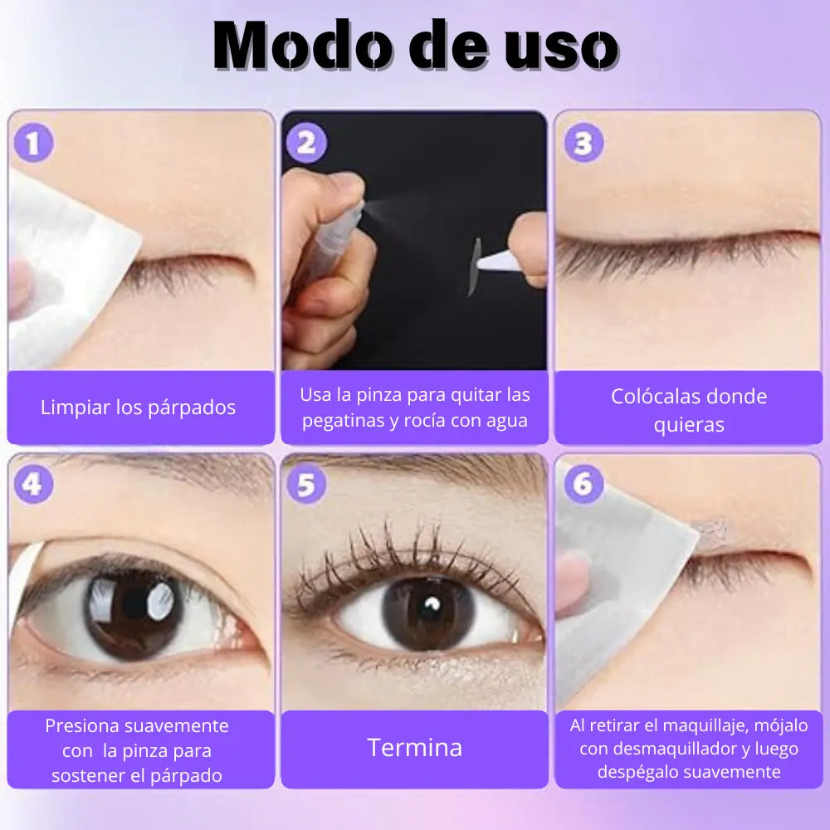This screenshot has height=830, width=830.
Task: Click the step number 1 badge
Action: click(33, 143)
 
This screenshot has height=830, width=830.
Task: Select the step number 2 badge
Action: click(306, 143)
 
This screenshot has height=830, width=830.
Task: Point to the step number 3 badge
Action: click(583, 143)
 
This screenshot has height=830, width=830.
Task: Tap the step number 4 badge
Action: click(33, 484)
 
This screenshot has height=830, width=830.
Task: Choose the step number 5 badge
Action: click(306, 484)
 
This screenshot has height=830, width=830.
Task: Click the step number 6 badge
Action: click(583, 484)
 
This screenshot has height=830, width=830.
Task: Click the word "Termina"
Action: click(414, 748)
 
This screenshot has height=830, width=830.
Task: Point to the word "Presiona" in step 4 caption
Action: click(77, 725)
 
